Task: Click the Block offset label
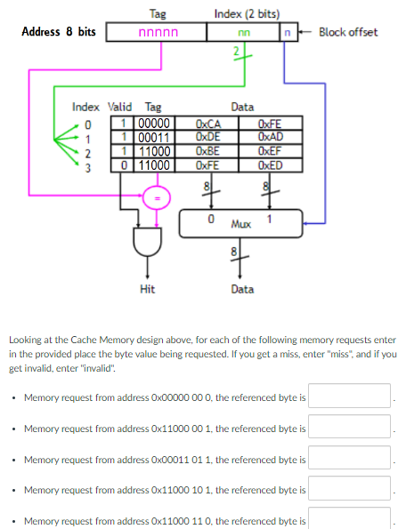(347, 32)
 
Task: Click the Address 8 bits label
(59, 32)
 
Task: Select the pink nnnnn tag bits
(157, 33)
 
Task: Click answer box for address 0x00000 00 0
(350, 396)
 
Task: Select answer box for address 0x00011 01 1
(350, 458)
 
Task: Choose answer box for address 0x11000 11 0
(350, 520)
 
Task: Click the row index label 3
(87, 164)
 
